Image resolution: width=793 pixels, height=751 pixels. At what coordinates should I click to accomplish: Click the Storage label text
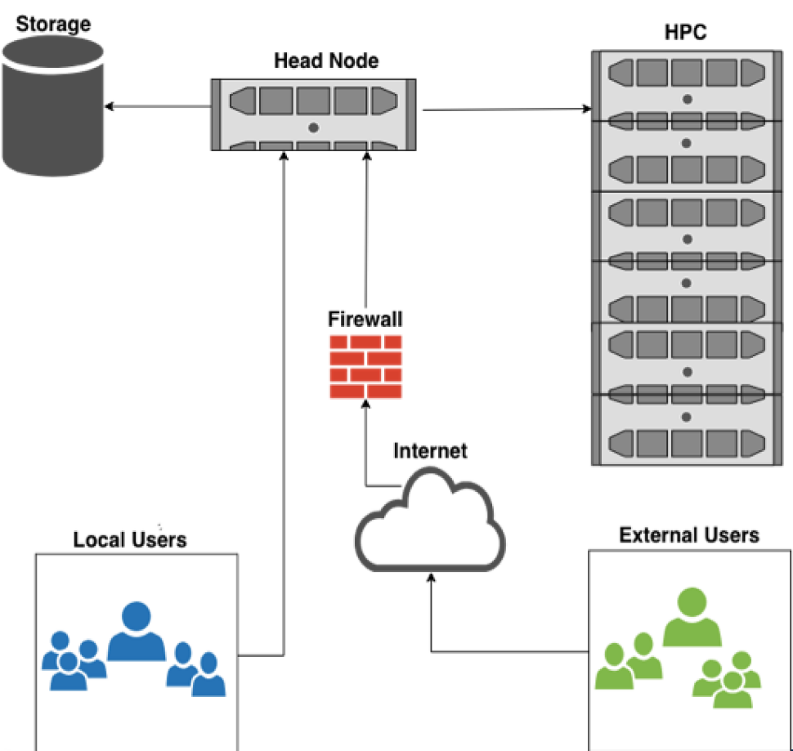pos(53,23)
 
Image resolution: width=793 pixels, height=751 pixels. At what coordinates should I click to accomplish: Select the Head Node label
pos(326,61)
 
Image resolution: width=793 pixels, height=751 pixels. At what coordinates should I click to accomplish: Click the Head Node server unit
pos(313,114)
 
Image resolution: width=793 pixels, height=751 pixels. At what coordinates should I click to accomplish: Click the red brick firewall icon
pos(365,367)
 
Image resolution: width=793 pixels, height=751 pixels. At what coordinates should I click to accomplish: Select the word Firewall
pos(365,319)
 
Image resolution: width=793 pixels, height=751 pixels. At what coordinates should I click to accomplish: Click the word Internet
pos(430,450)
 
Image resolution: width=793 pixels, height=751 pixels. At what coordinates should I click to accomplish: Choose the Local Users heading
pos(130,539)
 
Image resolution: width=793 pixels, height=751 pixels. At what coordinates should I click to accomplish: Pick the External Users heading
pos(689,535)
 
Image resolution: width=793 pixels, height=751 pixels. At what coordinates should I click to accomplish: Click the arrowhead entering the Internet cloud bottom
pos(432,577)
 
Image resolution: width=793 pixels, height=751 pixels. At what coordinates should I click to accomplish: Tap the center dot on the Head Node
pos(313,127)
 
